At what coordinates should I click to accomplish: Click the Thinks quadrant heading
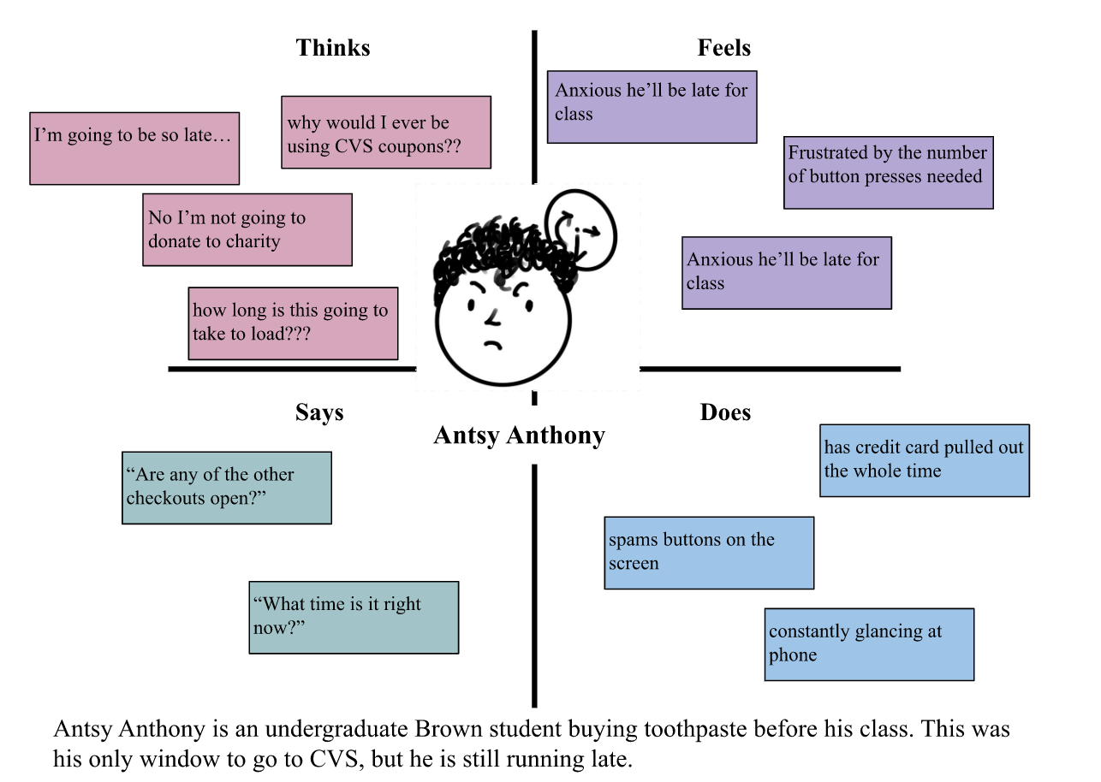coord(333,48)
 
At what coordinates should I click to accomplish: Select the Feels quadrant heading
coord(724,48)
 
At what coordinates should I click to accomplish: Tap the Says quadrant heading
coord(319,412)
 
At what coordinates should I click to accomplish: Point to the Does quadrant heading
coord(725,412)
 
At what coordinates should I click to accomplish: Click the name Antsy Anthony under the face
coord(519,435)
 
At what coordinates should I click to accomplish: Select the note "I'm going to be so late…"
coord(134,148)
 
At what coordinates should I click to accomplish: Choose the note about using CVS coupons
coord(385,132)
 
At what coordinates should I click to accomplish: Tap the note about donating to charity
coord(247,229)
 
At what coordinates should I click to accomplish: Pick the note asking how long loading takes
coord(293,323)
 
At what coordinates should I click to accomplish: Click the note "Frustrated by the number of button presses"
coord(888,172)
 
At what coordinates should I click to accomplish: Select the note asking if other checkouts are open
coord(226,488)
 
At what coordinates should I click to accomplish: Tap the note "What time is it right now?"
coord(354,617)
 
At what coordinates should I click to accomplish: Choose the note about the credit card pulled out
coord(924,460)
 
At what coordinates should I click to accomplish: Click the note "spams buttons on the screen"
coord(708,553)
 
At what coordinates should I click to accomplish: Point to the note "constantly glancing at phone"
coord(869,644)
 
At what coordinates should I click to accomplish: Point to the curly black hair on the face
coord(497,252)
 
